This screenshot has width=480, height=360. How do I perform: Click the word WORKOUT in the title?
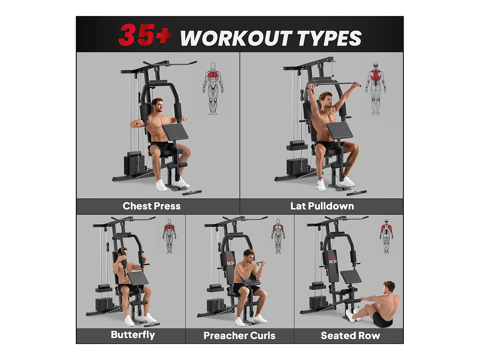pos(236,38)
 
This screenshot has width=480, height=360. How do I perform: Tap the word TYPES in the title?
pos(329,38)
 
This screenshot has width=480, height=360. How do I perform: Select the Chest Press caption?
pos(151,206)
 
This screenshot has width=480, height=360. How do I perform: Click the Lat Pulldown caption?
pos(322,206)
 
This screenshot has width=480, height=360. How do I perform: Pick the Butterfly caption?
pos(133,335)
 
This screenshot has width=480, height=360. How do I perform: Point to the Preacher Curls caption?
pos(239,335)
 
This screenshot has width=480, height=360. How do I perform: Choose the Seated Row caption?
pos(350,335)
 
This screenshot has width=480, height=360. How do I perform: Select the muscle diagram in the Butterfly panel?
pos(169,236)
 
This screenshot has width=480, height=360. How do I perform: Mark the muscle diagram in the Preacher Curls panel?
pos(278,236)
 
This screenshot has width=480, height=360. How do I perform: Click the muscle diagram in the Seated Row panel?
pos(387,236)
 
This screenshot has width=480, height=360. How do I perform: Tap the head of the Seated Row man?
pos(389,287)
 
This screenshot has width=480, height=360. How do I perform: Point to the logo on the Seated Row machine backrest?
pos(332,260)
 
